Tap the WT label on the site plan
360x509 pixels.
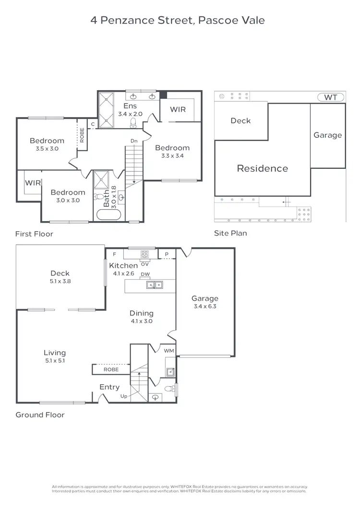pyautogui.click(x=331, y=97)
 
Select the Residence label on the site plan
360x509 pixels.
pyautogui.click(x=262, y=168)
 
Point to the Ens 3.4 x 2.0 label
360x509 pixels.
pyautogui.click(x=130, y=110)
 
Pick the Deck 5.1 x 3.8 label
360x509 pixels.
pyautogui.click(x=60, y=277)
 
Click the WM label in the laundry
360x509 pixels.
pyautogui.click(x=168, y=352)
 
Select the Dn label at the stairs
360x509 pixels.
pyautogui.click(x=134, y=141)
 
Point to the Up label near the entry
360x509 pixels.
pyautogui.click(x=124, y=396)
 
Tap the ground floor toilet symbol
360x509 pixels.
pyautogui.click(x=167, y=389)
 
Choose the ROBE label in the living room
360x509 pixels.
pyautogui.click(x=111, y=370)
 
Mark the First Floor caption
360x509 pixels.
pyautogui.click(x=34, y=234)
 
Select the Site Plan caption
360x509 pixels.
pyautogui.click(x=230, y=233)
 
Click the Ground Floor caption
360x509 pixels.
pyautogui.click(x=40, y=414)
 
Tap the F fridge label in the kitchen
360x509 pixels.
pyautogui.click(x=114, y=254)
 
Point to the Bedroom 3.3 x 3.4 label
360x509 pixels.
pyautogui.click(x=172, y=152)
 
